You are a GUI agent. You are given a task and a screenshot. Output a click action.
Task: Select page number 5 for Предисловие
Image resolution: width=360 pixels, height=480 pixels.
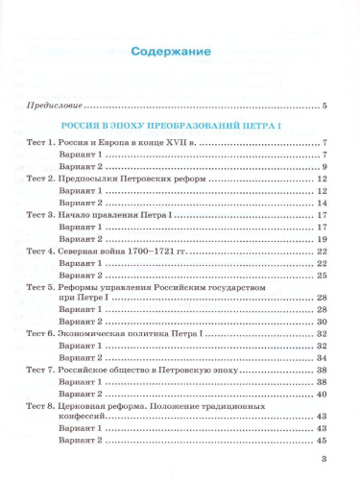tap(325, 105)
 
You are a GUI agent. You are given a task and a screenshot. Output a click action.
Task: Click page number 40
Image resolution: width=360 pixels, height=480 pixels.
tap(323, 393)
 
